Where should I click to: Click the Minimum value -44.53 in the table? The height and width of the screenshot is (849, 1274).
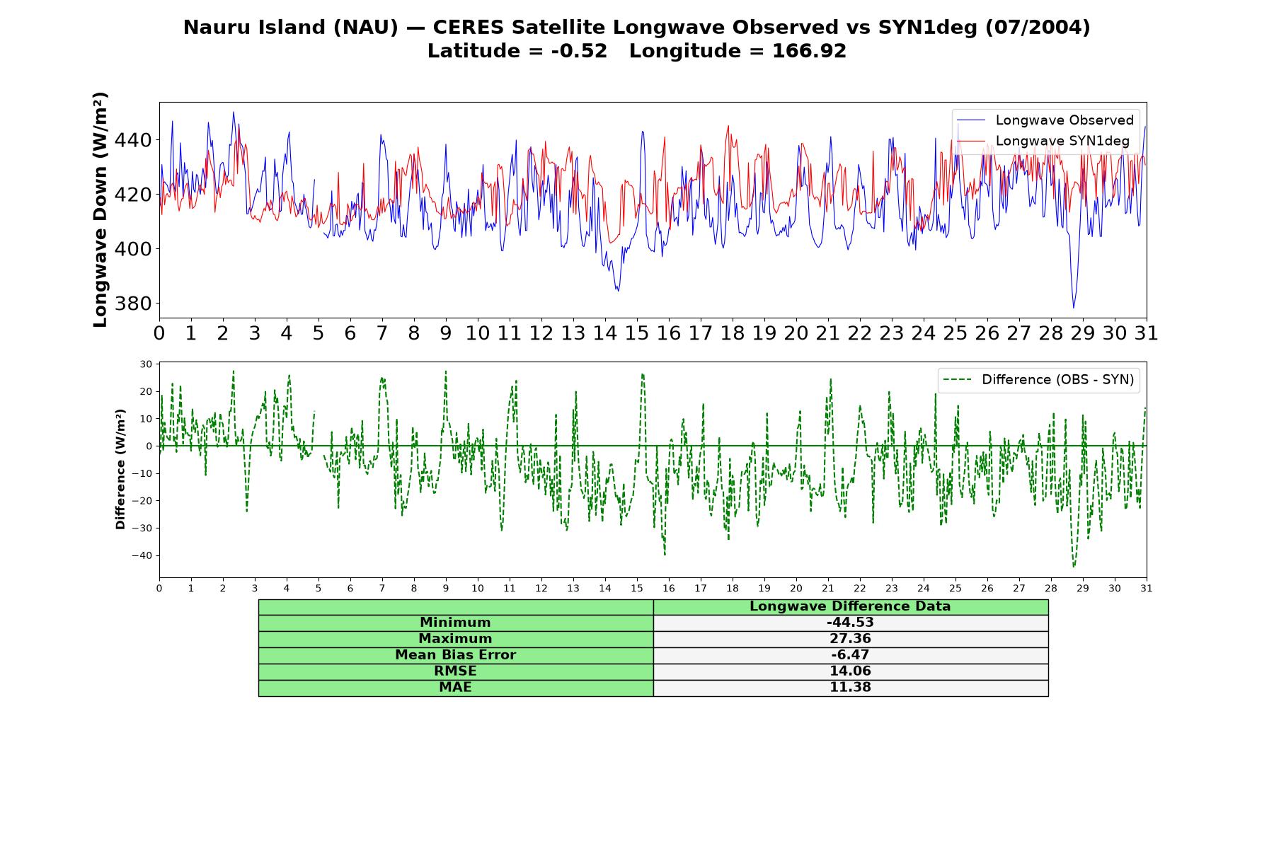point(850,623)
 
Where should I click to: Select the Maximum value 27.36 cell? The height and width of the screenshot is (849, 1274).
point(850,639)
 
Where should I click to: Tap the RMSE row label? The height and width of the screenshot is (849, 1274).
point(455,671)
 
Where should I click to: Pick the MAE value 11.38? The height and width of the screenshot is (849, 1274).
point(850,688)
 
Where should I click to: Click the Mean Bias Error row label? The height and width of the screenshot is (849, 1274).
point(455,655)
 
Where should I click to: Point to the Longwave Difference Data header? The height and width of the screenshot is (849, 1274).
point(850,606)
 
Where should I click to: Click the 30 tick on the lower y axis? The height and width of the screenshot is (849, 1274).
point(146,364)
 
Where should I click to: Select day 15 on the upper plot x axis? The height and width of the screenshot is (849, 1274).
point(636,333)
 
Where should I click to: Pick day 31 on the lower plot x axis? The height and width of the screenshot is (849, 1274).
point(1147,589)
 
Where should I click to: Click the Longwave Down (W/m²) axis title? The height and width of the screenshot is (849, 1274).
point(101,209)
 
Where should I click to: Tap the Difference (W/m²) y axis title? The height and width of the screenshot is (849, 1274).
point(120,469)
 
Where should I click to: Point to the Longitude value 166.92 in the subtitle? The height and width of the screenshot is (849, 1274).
point(810,51)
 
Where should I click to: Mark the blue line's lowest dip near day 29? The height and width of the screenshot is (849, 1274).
point(1073,308)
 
